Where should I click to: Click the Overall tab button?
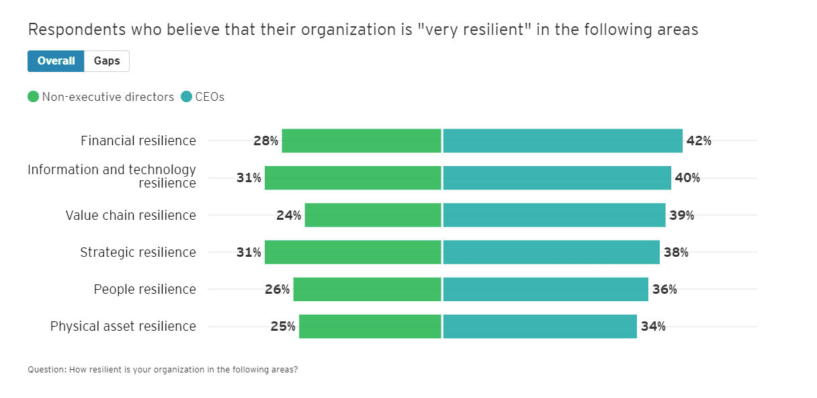pyautogui.click(x=56, y=61)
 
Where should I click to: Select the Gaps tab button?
pyautogui.click(x=107, y=61)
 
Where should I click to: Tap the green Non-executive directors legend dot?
pyautogui.click(x=34, y=97)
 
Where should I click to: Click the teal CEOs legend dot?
pyautogui.click(x=186, y=97)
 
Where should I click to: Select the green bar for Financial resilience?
pyautogui.click(x=361, y=141)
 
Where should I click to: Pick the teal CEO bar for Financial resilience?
pyautogui.click(x=562, y=141)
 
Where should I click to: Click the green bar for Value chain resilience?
pyautogui.click(x=373, y=215)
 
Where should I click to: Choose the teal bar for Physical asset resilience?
pyautogui.click(x=540, y=326)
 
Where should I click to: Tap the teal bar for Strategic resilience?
pyautogui.click(x=551, y=252)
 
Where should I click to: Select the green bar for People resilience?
pyautogui.click(x=368, y=289)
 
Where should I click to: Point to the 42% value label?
pyautogui.click(x=699, y=141)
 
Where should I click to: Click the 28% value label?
pyautogui.click(x=266, y=141)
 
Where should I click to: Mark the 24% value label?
pyautogui.click(x=289, y=215)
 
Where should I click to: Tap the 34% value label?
pyautogui.click(x=653, y=326)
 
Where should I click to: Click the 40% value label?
pyautogui.click(x=687, y=178)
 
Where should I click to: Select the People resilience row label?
pyautogui.click(x=144, y=289)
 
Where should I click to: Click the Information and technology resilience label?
pyautogui.click(x=112, y=176)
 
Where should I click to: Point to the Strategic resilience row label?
pyautogui.click(x=138, y=252)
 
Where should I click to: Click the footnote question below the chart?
pyautogui.click(x=162, y=370)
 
